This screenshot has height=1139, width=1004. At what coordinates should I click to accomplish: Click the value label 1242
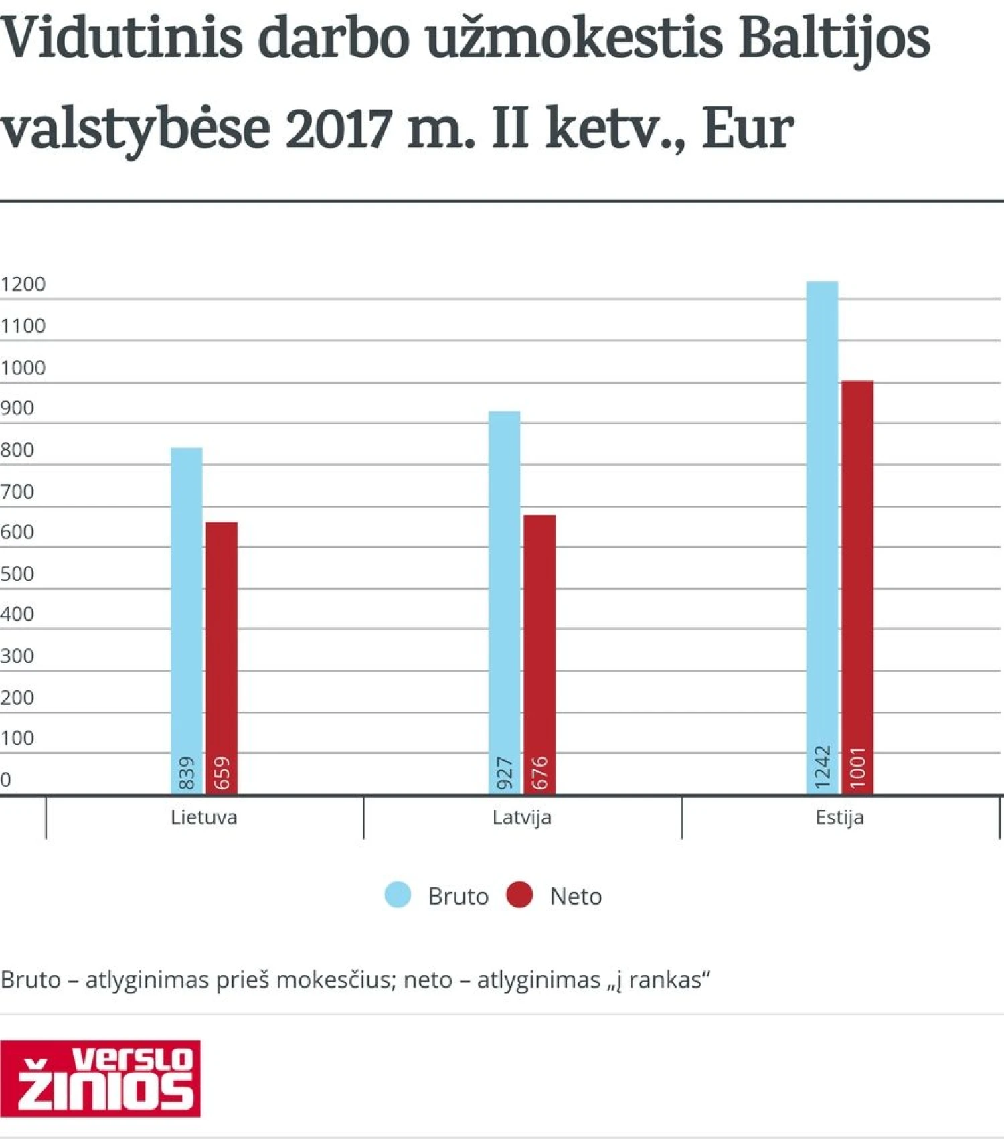(823, 767)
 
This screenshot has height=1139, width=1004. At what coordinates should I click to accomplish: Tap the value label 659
(222, 773)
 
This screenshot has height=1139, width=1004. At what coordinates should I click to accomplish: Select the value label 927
(505, 773)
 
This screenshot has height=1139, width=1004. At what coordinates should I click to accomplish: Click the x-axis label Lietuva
(203, 818)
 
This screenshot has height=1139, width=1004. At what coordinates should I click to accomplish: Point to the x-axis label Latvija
(521, 818)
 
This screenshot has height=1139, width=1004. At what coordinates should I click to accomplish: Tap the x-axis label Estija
(839, 818)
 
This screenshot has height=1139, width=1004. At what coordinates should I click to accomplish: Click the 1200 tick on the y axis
(23, 285)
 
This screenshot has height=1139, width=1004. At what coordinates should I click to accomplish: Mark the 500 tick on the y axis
(17, 574)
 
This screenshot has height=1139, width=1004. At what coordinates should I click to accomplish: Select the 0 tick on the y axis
(6, 779)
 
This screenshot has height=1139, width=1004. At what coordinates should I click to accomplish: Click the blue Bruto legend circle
(398, 895)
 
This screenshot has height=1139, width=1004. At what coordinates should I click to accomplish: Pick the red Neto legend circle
(519, 895)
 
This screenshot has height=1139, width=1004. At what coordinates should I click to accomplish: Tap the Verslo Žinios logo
(100, 1078)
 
